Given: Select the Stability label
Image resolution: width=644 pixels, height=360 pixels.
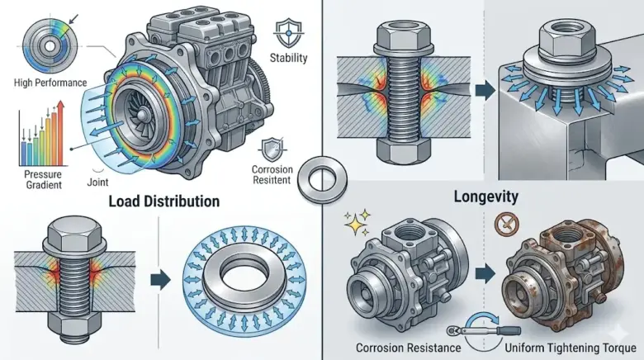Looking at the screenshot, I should pyautogui.click(x=288, y=58).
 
